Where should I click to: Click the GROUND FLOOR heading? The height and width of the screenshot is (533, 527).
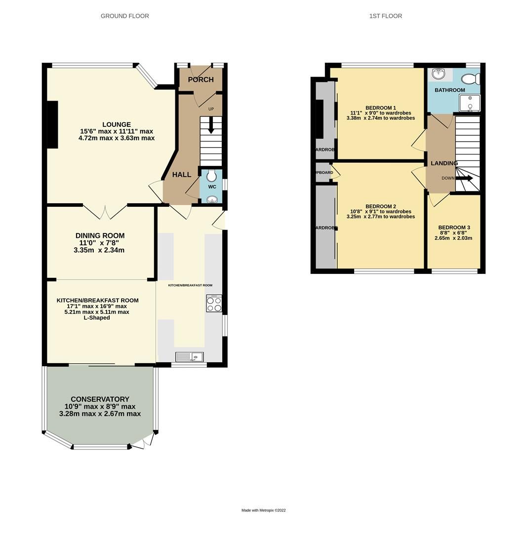coord(124,16)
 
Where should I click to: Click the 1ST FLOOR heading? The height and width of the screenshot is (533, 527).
coord(385,16)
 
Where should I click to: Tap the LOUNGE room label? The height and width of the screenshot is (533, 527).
coord(117,124)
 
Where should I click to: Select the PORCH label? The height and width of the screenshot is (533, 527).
coord(201,79)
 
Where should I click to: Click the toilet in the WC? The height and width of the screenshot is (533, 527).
coord(212,176)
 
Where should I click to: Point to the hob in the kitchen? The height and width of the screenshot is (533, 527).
coord(214,304)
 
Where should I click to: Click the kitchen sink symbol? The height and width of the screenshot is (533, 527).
coord(190,357)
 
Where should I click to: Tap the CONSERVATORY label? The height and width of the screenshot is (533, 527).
coord(100,399)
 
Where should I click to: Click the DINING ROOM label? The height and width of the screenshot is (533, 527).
coord(100,235)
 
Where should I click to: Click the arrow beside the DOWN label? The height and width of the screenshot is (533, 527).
coord(464,178)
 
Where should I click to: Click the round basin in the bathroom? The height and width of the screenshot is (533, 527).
coord(439,74)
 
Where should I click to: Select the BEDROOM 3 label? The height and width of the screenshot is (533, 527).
coord(454,228)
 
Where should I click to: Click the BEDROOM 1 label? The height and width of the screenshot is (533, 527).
coord(380,108)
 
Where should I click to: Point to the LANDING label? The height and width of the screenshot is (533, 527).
coord(444,163)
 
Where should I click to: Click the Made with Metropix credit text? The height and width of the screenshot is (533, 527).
coord(263,510)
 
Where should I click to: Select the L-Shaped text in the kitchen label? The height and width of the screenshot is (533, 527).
coord(97,318)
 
